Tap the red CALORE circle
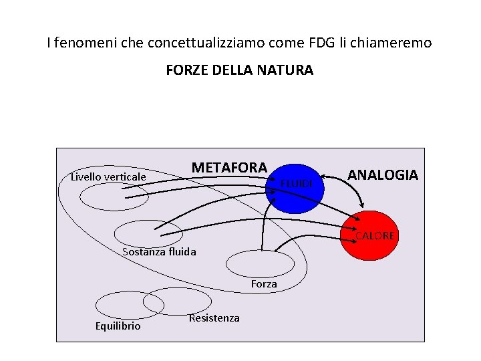369,236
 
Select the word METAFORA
229,167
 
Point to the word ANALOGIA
383,175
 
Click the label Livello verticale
108,176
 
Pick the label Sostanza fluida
160,252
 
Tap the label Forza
264,284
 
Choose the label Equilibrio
118,326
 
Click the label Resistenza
214,318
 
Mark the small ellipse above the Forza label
260,263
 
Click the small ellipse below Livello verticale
114,197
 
